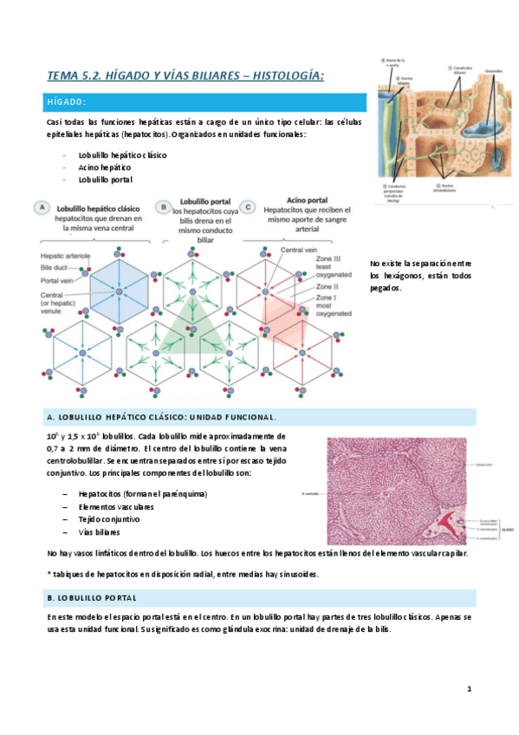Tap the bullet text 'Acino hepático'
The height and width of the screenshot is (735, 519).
click(x=105, y=167)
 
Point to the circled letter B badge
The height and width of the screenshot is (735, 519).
click(x=161, y=206)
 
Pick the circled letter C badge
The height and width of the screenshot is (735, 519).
click(x=250, y=206)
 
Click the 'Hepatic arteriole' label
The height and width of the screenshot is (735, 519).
click(x=66, y=256)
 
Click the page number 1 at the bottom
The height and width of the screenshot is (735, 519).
click(x=469, y=689)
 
